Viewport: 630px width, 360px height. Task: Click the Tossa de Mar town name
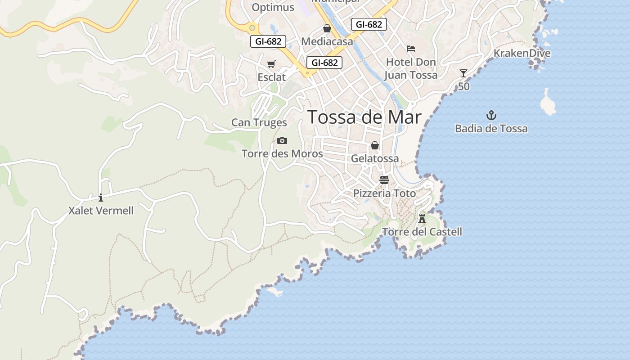pos(364,117)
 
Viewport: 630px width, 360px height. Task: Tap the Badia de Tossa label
pos(491,129)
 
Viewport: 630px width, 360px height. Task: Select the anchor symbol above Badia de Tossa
pos(491,115)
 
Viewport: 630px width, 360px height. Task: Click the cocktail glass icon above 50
pos(463,73)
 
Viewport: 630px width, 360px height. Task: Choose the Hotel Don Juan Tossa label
pos(411,68)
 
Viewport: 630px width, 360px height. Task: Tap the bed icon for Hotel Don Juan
pos(410,48)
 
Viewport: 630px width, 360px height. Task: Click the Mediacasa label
pos(327,41)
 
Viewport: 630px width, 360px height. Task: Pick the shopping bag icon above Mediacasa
pos(327,29)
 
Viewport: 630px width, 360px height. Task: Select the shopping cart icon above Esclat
pos(271,65)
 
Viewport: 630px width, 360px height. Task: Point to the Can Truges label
pos(259,122)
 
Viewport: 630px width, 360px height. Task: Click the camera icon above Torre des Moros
pos(282,141)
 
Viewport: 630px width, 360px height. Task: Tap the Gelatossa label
pos(375,158)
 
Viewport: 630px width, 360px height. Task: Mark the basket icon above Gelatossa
pos(375,146)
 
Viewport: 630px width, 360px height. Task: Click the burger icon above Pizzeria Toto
pos(384,180)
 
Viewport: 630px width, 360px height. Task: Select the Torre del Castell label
pos(422,232)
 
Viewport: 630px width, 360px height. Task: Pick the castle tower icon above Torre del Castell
pos(422,219)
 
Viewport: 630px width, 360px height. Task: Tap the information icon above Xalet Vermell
pos(101,198)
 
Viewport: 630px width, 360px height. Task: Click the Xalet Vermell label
pos(101,210)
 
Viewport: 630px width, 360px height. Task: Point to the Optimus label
pos(273,7)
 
